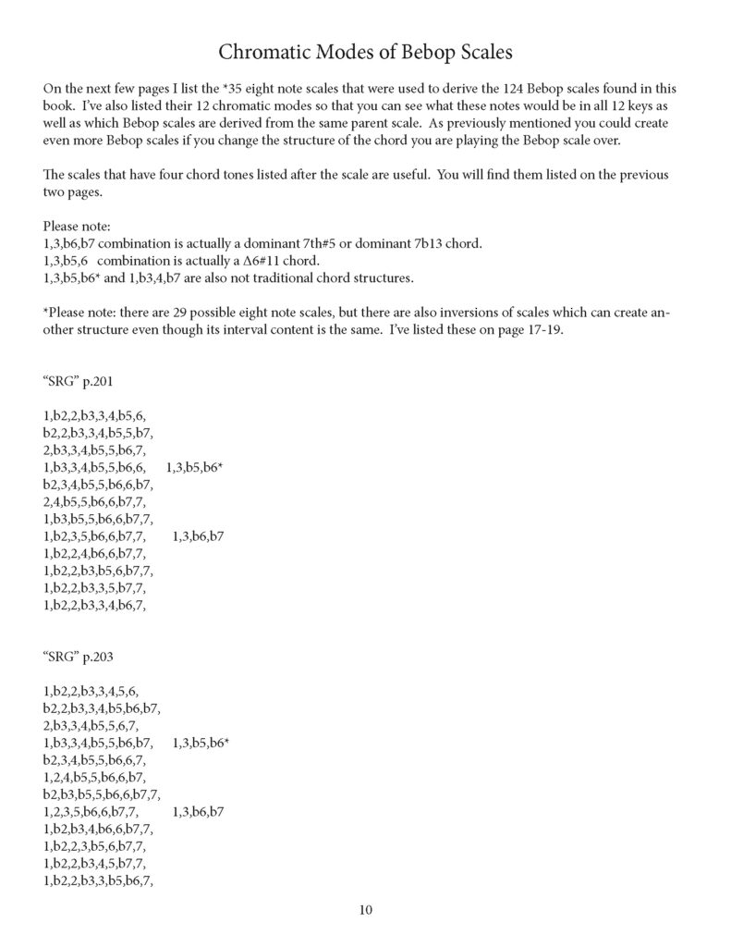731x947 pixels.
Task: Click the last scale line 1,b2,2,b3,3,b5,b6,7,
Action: tap(97, 880)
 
